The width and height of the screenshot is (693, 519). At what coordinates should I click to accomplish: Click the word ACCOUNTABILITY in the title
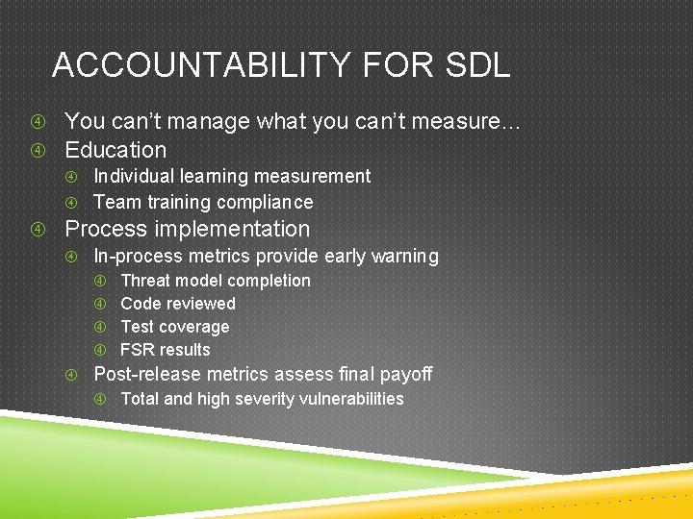[197, 65]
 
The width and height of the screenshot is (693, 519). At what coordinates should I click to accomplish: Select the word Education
[115, 150]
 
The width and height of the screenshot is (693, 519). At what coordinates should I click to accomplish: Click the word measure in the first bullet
[456, 122]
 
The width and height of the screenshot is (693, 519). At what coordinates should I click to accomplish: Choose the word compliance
[266, 202]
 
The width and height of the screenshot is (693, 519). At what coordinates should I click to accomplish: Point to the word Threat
[145, 281]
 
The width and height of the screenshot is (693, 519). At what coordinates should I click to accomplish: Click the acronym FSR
[137, 350]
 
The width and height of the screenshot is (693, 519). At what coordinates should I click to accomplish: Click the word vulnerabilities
[349, 399]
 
